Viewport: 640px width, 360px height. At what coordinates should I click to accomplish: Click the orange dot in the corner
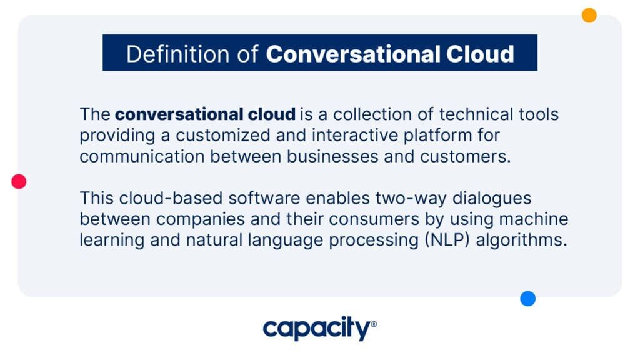[589, 15]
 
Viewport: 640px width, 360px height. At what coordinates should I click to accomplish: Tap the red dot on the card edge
[19, 181]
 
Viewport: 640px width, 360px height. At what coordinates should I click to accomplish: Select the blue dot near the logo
[527, 299]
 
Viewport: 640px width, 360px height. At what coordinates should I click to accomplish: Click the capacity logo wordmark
[317, 328]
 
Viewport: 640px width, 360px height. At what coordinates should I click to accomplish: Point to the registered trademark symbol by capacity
[374, 324]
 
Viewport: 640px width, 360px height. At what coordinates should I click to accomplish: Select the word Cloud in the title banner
[480, 54]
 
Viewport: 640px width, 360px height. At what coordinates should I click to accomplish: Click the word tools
[539, 114]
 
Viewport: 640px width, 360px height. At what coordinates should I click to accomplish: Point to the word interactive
[355, 136]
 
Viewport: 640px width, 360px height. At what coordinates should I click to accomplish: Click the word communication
[142, 157]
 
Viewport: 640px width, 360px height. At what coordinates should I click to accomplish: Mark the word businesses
[332, 157]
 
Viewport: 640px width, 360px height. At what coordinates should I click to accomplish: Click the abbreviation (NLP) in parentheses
[447, 241]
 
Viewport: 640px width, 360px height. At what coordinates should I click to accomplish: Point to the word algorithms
[522, 241]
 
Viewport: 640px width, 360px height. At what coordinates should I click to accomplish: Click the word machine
[534, 219]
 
